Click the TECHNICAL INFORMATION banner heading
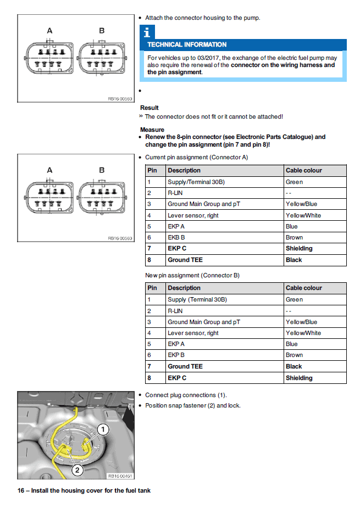click(187, 44)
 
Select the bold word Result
click(149, 108)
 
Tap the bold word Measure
click(152, 130)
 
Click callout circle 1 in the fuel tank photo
click(103, 428)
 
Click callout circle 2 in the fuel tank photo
click(77, 470)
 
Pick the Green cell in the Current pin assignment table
click(294, 182)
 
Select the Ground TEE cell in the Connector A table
click(185, 260)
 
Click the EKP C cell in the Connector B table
click(177, 378)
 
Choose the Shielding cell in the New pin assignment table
click(299, 378)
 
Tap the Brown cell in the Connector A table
click(294, 237)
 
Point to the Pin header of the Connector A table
click(153, 170)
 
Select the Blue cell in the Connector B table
click(292, 344)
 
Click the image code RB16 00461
click(119, 476)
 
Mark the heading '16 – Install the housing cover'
click(84, 490)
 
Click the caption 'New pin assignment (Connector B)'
click(192, 275)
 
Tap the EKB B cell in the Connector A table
click(176, 237)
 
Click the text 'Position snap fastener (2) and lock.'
click(193, 405)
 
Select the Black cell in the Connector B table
click(294, 366)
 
